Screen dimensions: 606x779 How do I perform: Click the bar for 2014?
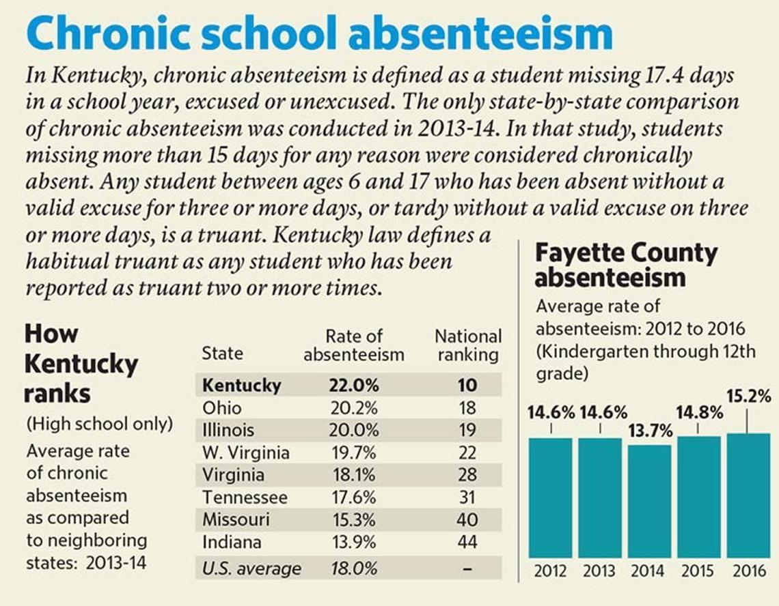(x=649, y=501)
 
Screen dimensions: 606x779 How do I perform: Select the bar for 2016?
(x=748, y=495)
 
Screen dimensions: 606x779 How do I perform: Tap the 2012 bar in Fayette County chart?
(x=551, y=497)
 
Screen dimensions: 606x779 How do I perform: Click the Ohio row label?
(x=222, y=407)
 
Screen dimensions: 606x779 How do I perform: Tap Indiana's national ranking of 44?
(x=467, y=543)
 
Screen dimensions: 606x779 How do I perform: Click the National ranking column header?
(x=468, y=345)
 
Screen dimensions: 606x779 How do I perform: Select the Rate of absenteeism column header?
(x=353, y=345)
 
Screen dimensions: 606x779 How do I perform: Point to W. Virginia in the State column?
(x=246, y=452)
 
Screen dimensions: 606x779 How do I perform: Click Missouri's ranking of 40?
(x=467, y=520)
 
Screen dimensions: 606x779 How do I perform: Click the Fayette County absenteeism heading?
(x=626, y=265)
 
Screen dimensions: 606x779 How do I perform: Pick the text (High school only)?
(x=99, y=424)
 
